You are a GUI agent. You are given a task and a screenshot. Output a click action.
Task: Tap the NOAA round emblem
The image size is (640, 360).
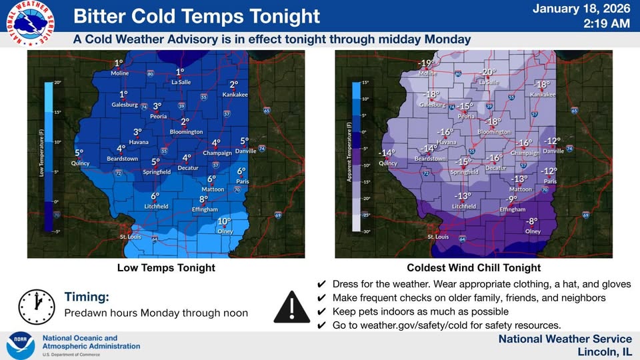pos(21,345)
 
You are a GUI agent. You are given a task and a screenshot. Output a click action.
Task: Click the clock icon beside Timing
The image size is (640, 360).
pos(36,305)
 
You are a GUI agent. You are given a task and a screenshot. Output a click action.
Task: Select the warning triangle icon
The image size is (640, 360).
pos(291,305)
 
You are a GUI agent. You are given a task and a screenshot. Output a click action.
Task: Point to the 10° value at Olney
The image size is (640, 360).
pos(224,221)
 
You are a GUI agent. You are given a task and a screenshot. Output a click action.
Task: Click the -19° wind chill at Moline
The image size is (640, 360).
pos(426,63)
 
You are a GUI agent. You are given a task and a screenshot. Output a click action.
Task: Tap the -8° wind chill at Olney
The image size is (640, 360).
pos(531,221)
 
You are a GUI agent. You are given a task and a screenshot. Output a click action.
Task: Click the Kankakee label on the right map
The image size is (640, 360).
pos(542,94)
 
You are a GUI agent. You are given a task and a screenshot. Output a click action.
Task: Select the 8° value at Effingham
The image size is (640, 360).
pos(204,199)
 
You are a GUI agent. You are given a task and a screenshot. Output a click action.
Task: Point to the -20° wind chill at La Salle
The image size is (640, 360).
pos(488,72)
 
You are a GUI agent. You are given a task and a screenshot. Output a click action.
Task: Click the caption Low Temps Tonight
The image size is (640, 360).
pos(166,268)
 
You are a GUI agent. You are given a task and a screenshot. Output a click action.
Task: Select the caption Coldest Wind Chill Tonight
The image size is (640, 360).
pos(474,268)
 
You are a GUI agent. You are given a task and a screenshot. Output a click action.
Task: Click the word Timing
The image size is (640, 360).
pos(87,297)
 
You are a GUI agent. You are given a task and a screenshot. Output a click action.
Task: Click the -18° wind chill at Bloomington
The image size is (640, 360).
pos(493,122)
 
